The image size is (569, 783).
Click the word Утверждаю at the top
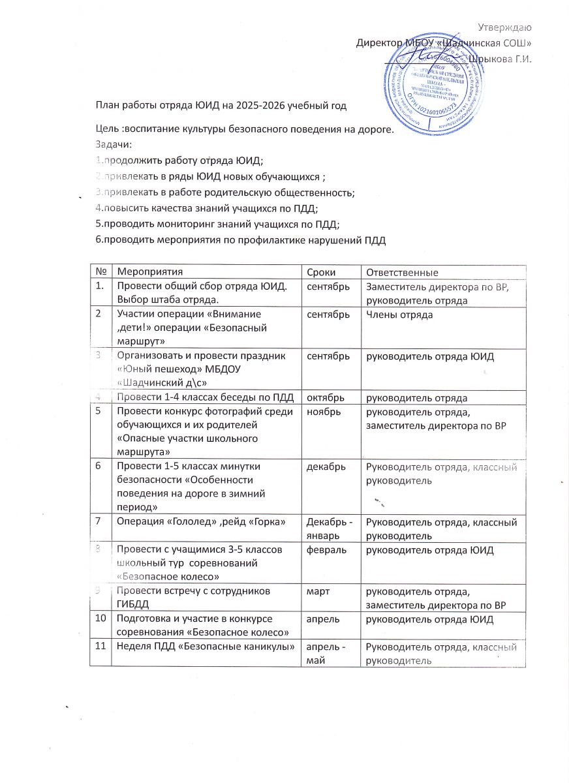pyautogui.click(x=504, y=27)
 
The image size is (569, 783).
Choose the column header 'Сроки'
pyautogui.click(x=320, y=271)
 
